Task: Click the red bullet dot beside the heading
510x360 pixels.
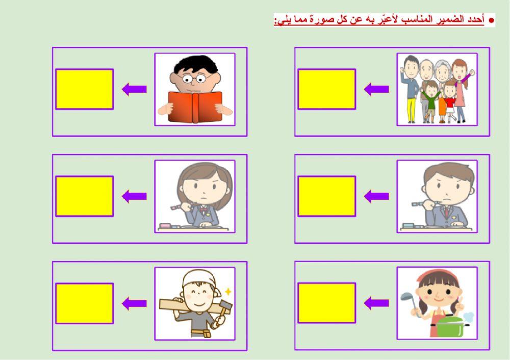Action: [492, 20]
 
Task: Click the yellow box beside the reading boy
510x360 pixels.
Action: [84, 89]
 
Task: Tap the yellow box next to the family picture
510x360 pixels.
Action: [326, 89]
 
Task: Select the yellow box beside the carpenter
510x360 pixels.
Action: [84, 303]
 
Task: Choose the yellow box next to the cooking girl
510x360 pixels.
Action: [326, 303]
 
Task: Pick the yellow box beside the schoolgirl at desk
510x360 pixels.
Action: [84, 196]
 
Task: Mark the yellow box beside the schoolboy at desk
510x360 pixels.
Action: [326, 196]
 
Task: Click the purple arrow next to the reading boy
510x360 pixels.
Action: [134, 89]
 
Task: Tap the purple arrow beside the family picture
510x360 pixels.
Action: [376, 89]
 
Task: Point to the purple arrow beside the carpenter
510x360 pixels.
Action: [134, 303]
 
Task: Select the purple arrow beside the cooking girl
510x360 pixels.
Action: [376, 303]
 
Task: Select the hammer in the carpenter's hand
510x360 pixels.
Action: [224, 308]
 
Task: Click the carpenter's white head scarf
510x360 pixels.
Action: [196, 278]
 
